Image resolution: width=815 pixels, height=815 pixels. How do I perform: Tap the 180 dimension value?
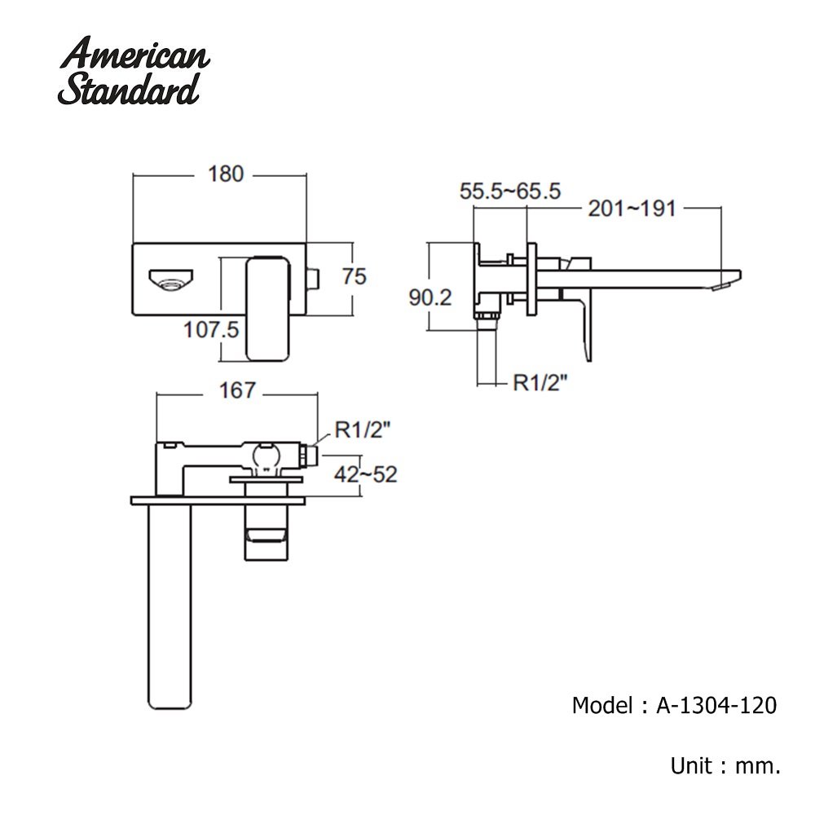click(x=226, y=174)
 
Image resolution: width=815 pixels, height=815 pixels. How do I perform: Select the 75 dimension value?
click(x=354, y=276)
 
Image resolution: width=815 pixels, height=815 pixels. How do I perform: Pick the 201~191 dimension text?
click(x=632, y=209)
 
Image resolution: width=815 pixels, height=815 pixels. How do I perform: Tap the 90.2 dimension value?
click(x=430, y=297)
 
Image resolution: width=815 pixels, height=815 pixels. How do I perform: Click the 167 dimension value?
click(x=237, y=391)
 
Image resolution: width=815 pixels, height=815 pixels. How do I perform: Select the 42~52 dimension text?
click(x=366, y=474)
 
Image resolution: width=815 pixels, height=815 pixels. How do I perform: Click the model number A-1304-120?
click(x=716, y=705)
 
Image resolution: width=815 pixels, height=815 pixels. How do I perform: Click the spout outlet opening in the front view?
click(x=170, y=283)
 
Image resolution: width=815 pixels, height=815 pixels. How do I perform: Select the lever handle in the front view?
click(x=267, y=308)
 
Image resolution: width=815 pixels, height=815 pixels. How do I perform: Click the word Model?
click(x=601, y=705)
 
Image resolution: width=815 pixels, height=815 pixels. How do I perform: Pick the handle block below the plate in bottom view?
click(x=267, y=534)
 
